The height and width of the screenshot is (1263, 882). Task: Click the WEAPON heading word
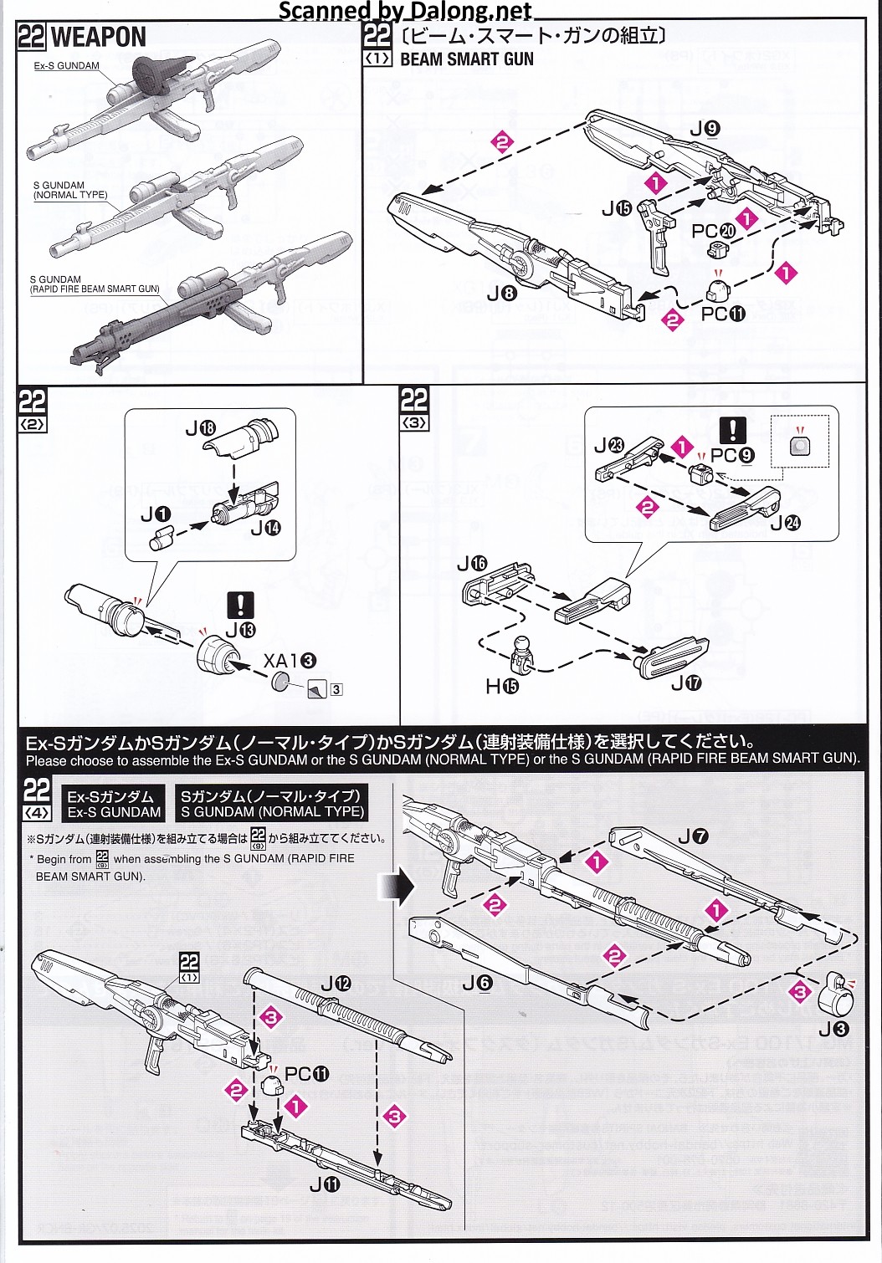[98, 38]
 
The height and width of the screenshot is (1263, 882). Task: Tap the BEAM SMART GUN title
[466, 59]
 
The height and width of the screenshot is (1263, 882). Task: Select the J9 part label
[705, 129]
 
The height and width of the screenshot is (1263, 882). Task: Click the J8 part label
[502, 293]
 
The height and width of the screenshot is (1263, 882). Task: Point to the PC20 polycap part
[718, 248]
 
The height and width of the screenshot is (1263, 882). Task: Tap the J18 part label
[201, 429]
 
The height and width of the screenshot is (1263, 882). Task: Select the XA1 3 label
[290, 661]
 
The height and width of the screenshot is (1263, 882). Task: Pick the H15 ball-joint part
[523, 654]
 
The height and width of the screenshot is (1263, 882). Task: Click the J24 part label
[785, 523]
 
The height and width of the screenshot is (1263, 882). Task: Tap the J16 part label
[472, 564]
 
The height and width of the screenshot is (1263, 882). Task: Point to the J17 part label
[687, 683]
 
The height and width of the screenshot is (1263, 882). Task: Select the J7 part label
[694, 836]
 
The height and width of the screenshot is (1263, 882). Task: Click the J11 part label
[325, 1184]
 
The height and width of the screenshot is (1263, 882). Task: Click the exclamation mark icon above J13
[240, 605]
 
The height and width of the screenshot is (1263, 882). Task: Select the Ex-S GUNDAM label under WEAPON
[67, 66]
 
